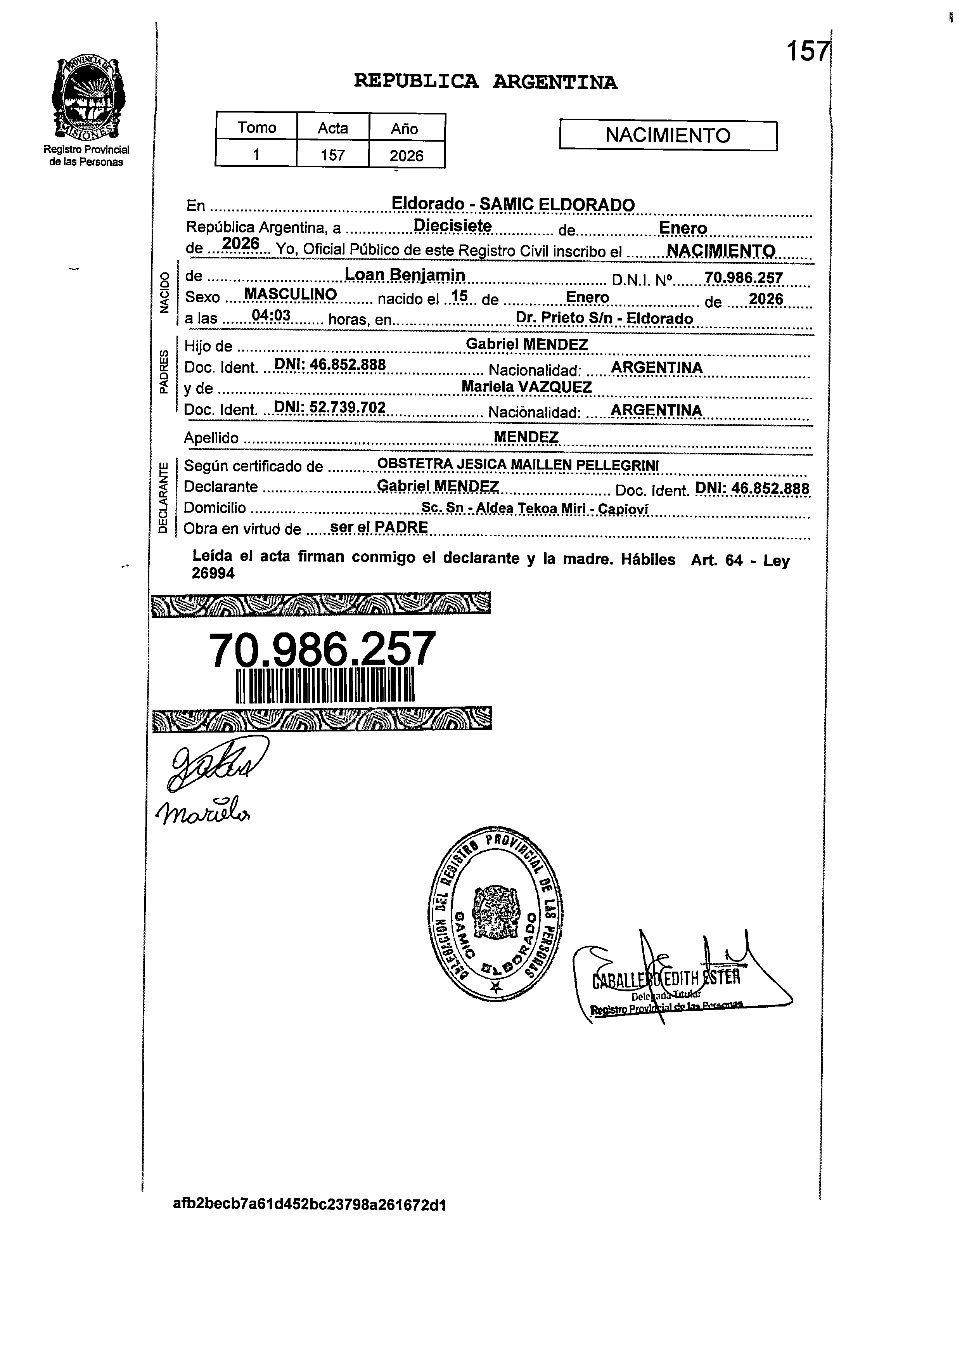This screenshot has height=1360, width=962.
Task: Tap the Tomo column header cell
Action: point(256,127)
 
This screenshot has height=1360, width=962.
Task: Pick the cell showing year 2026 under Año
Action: point(407,155)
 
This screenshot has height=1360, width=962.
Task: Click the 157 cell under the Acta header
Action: point(332,155)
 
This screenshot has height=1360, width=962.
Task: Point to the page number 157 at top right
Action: point(807,52)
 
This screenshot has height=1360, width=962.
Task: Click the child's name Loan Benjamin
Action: point(405,275)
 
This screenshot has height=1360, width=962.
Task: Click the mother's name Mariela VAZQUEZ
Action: point(527,387)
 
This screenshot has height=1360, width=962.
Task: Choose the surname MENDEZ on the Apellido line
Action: point(526,437)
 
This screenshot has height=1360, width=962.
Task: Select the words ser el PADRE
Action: point(379,527)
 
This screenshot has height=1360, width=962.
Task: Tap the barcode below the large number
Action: point(325,686)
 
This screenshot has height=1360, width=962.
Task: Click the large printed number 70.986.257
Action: point(322,650)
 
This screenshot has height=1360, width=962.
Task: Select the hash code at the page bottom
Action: point(309,1205)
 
